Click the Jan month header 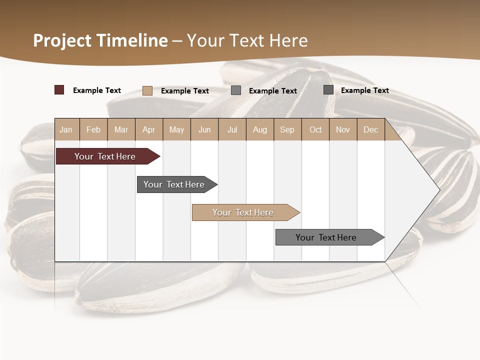click(x=66, y=129)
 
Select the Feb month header click(x=93, y=129)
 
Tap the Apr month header click(x=148, y=129)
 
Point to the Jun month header click(x=204, y=129)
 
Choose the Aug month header click(x=259, y=129)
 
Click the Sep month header click(x=287, y=129)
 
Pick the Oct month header click(x=315, y=129)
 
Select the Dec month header click(x=370, y=129)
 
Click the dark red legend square click(x=59, y=90)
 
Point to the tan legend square click(x=147, y=90)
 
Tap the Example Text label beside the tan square click(x=185, y=91)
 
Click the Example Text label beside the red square click(x=97, y=90)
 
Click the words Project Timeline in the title click(x=100, y=40)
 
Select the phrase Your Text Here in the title click(x=247, y=40)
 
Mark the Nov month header click(x=343, y=129)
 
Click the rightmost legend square click(x=328, y=90)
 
